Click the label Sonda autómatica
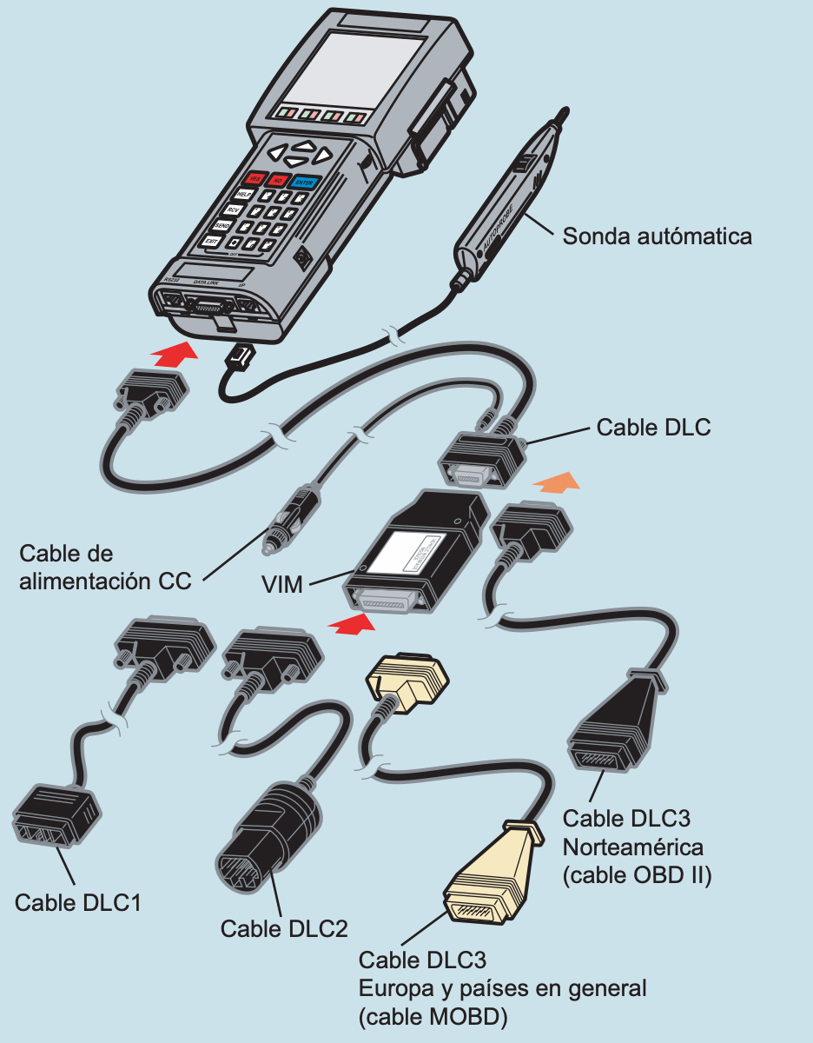coord(657,236)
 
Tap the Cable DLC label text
coord(653,428)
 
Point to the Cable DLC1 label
coord(77,902)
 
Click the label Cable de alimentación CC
coord(104,568)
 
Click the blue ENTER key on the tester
coord(304,183)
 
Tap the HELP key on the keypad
coord(244,196)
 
